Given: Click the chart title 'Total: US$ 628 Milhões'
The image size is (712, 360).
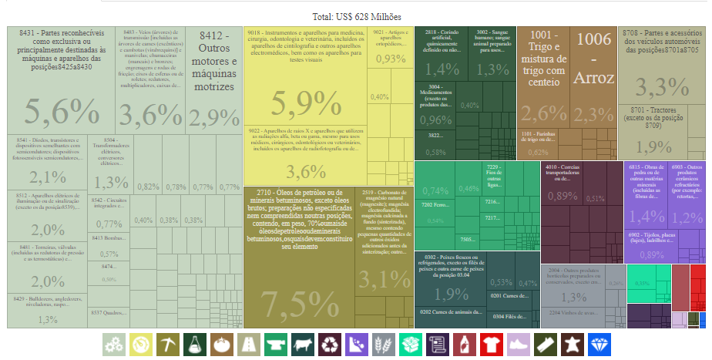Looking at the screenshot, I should [357, 16].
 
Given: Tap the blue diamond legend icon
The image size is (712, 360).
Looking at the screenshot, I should [598, 344].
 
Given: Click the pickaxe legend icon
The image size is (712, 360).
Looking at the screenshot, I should [167, 344].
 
